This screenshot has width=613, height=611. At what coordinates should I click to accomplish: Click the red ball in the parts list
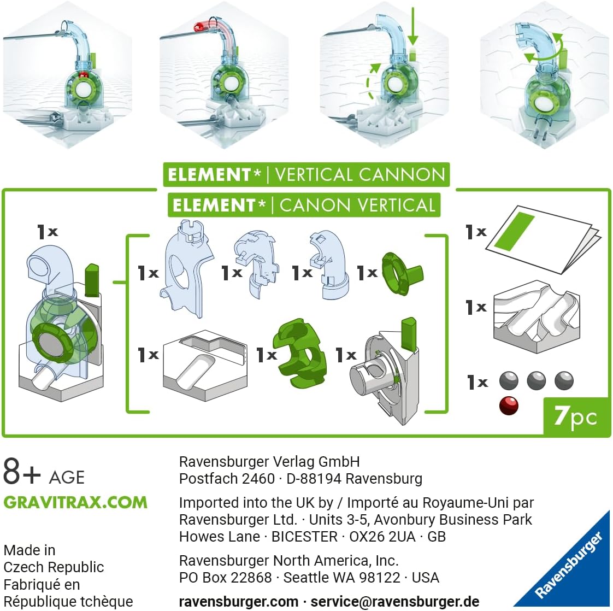point(509,406)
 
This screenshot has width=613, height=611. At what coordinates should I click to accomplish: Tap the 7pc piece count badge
point(576,416)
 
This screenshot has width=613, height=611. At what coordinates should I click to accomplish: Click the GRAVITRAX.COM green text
point(75,502)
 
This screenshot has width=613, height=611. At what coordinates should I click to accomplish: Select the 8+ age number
point(22,472)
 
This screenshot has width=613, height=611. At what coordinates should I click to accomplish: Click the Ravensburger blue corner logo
point(571,566)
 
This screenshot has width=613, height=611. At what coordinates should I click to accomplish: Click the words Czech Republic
point(54,567)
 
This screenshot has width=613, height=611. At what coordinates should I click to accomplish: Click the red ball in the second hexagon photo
point(198,26)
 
